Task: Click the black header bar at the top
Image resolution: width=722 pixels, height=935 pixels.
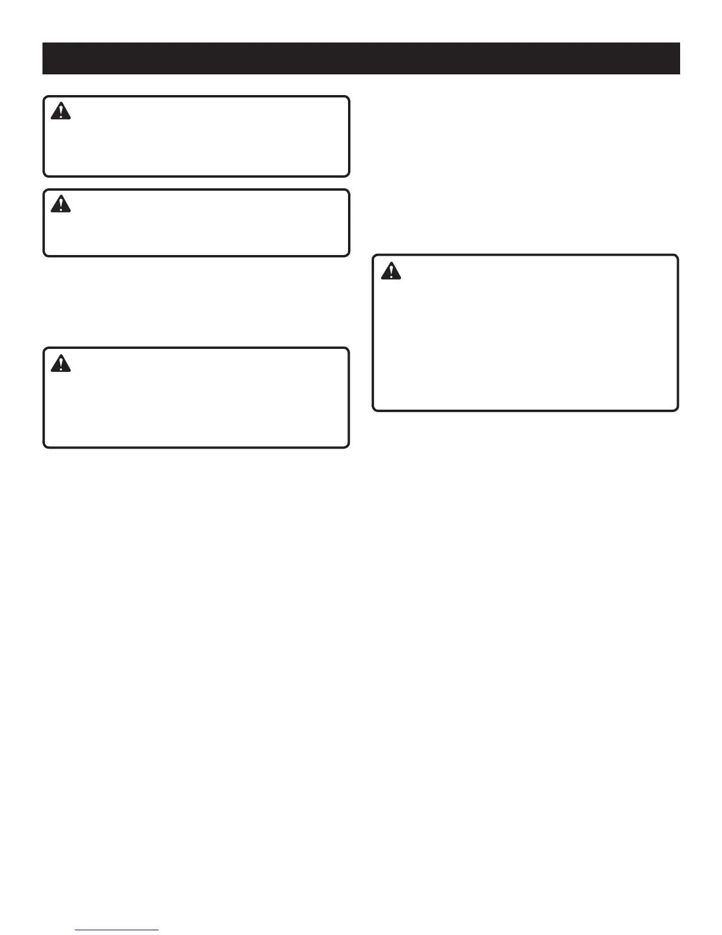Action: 361,58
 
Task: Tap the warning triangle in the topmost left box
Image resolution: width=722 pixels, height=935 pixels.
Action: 60,111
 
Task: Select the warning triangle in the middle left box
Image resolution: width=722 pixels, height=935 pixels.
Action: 60,204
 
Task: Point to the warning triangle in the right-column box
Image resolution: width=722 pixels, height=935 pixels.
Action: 390,270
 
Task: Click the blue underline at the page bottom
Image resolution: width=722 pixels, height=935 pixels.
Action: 117,930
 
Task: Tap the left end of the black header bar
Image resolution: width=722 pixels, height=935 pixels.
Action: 44,58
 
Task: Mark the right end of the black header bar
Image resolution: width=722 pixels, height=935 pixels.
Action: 679,58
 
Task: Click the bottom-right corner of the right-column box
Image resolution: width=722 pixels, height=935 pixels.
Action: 677,410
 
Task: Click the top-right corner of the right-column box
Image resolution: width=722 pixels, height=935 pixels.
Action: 677,256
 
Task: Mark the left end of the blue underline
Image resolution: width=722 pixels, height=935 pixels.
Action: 76,930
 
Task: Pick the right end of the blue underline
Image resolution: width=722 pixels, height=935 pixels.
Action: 158,930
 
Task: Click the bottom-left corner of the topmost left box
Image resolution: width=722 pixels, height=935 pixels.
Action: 45,175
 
